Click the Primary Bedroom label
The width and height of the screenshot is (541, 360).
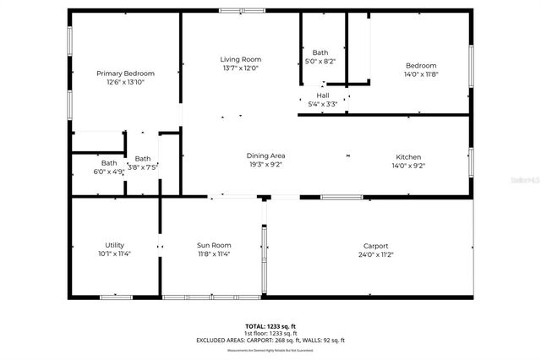pos(125,74)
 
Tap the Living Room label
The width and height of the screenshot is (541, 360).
pos(241,59)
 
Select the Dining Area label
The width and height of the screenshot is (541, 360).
pos(265,156)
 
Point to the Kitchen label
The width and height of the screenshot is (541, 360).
pos(408,157)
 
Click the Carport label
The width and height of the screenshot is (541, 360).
pos(375,246)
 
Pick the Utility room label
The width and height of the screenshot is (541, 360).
pos(108,245)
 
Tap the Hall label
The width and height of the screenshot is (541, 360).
pos(322,96)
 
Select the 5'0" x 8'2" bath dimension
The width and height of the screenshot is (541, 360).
pos(320,62)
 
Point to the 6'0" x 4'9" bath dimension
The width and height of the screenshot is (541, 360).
pos(109,172)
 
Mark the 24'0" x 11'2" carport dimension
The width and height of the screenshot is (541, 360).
pos(375,254)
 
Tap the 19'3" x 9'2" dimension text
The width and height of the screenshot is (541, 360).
pos(265,166)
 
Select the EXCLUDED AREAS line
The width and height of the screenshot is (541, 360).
pos(271,340)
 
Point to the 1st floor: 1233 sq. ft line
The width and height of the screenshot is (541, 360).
pos(271,333)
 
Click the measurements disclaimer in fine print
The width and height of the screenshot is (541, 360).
pos(271,350)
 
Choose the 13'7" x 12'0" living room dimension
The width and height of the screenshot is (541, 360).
pos(241,68)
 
